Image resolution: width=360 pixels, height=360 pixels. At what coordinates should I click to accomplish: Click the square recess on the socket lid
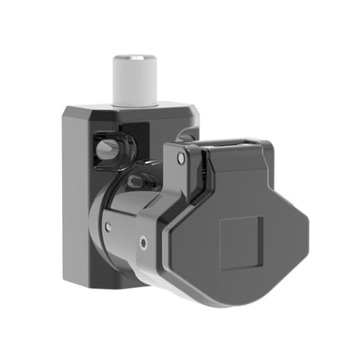click(x=241, y=238)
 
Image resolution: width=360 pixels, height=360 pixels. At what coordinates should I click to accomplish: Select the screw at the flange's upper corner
click(x=181, y=157)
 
